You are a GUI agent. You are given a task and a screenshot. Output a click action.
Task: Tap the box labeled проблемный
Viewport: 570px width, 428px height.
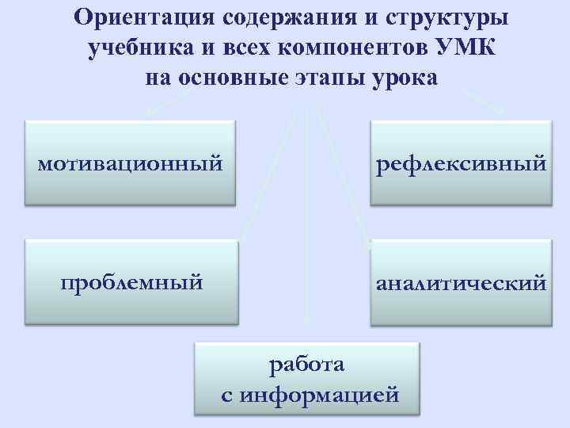tap(131, 281)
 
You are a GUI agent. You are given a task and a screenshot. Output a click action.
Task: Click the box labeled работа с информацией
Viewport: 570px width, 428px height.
tap(306, 377)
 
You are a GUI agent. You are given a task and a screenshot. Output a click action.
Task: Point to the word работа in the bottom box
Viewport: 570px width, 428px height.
tap(307, 365)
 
